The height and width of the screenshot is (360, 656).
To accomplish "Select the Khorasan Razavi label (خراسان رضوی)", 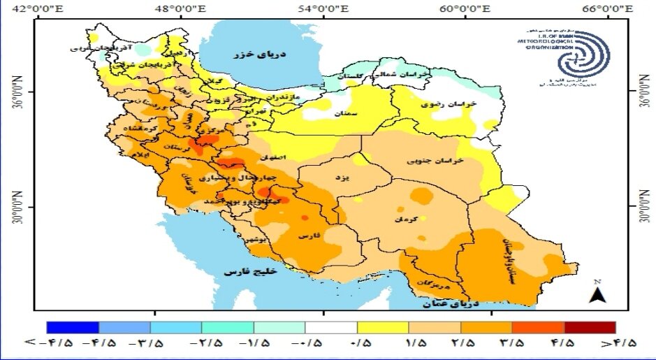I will tap(449, 103).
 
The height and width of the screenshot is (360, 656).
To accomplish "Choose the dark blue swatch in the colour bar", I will tap(73, 327).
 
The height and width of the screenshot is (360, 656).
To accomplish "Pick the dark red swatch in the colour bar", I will tap(590, 327).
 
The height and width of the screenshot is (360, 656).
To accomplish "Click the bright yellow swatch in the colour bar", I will tap(383, 327).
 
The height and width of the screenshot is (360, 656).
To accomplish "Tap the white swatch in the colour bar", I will tap(331, 327).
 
